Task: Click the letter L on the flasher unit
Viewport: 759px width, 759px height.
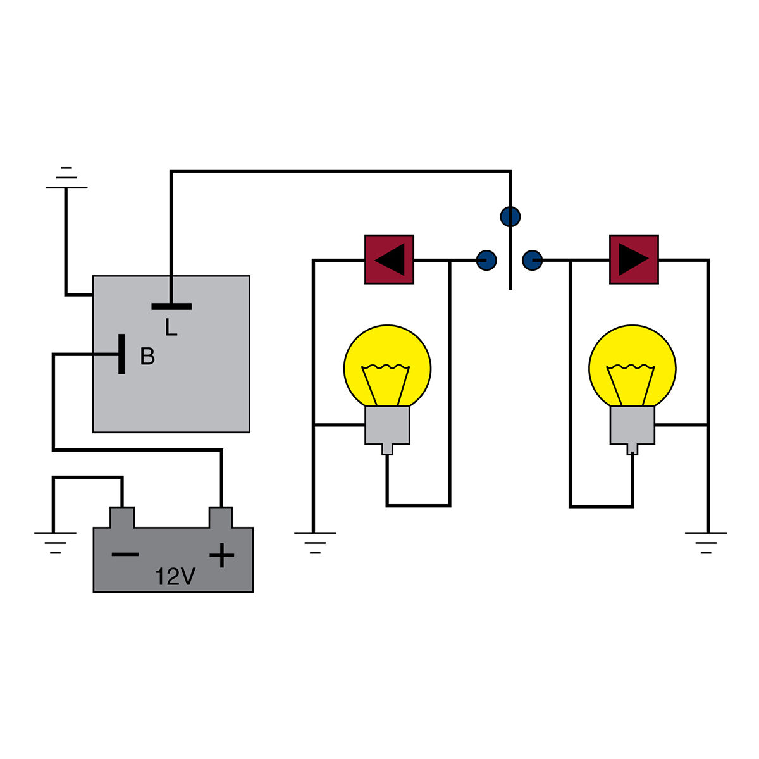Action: tap(171, 327)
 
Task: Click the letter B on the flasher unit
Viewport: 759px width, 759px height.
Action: tap(147, 357)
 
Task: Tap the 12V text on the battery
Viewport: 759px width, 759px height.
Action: tap(175, 576)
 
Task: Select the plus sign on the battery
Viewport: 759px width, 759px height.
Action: tap(221, 555)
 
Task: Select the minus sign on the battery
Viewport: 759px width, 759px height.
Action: tap(125, 555)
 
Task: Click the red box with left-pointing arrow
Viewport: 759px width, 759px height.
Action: tap(389, 259)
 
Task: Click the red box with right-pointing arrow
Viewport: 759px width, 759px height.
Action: tap(634, 259)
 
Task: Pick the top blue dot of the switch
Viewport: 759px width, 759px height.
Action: tap(510, 216)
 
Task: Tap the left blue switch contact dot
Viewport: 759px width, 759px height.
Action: tap(486, 259)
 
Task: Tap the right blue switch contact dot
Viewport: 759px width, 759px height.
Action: tap(533, 259)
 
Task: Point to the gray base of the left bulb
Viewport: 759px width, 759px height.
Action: tap(387, 426)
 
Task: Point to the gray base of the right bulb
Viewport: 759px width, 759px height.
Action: tap(632, 426)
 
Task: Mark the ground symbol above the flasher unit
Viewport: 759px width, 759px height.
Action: tap(66, 178)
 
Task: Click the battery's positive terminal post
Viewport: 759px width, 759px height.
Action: tap(221, 517)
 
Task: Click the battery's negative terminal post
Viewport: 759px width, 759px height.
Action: tap(122, 517)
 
